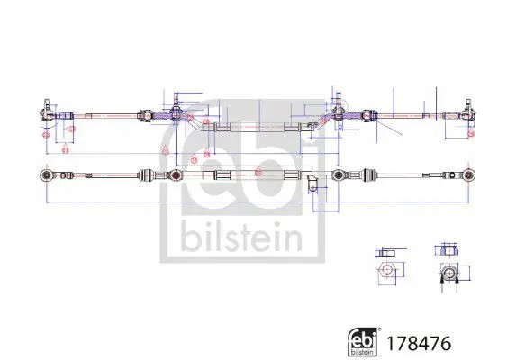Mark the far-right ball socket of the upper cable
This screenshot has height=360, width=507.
pyautogui.click(x=467, y=112)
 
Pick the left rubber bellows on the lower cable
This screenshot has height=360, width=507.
pyautogui.click(x=147, y=172)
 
